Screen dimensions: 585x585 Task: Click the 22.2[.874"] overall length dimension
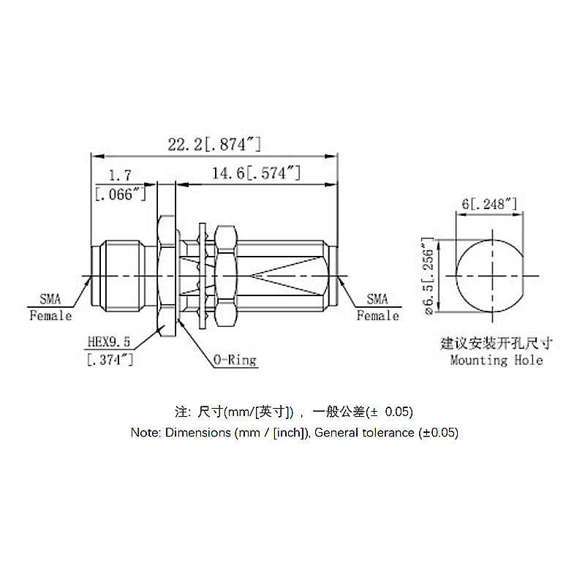click(214, 144)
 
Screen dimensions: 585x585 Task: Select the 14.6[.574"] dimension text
click(256, 173)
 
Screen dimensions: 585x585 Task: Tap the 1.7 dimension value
click(120, 175)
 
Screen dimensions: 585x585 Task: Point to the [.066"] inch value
click(120, 194)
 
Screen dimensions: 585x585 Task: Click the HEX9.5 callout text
click(108, 341)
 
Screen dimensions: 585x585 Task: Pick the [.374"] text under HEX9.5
click(110, 360)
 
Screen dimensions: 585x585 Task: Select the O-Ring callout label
click(235, 360)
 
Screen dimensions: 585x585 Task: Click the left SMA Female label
click(50, 307)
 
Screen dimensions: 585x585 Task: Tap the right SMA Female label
click(377, 307)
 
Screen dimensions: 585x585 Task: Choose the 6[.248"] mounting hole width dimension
click(489, 204)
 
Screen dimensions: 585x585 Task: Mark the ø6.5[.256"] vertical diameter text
click(429, 276)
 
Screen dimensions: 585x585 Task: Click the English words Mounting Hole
click(497, 360)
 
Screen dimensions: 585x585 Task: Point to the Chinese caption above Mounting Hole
click(496, 343)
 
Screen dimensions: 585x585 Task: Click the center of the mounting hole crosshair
click(492, 276)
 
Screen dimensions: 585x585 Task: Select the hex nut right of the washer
click(226, 276)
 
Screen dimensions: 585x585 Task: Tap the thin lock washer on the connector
click(203, 276)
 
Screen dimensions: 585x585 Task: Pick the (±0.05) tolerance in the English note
click(438, 432)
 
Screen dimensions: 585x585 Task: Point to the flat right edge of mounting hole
click(523, 276)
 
